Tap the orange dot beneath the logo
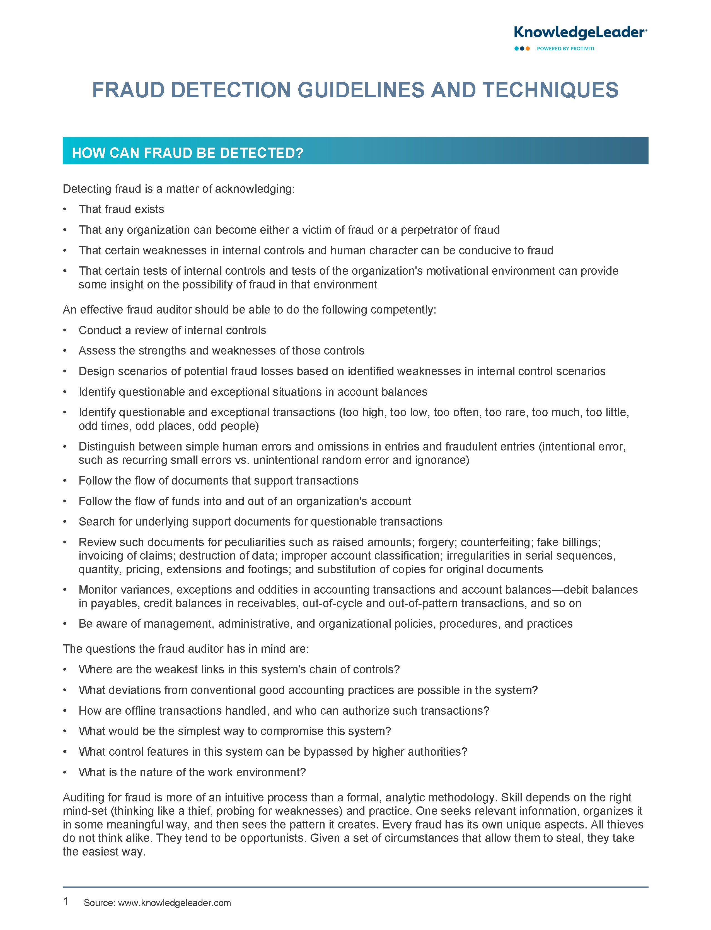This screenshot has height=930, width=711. pyautogui.click(x=528, y=49)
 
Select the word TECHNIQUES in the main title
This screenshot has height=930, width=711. pyautogui.click(x=550, y=90)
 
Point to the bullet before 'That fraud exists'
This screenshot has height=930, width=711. pyautogui.click(x=65, y=209)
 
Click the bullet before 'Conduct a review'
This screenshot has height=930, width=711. pyautogui.click(x=65, y=330)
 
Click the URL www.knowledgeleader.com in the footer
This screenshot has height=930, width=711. pyautogui.click(x=174, y=903)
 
